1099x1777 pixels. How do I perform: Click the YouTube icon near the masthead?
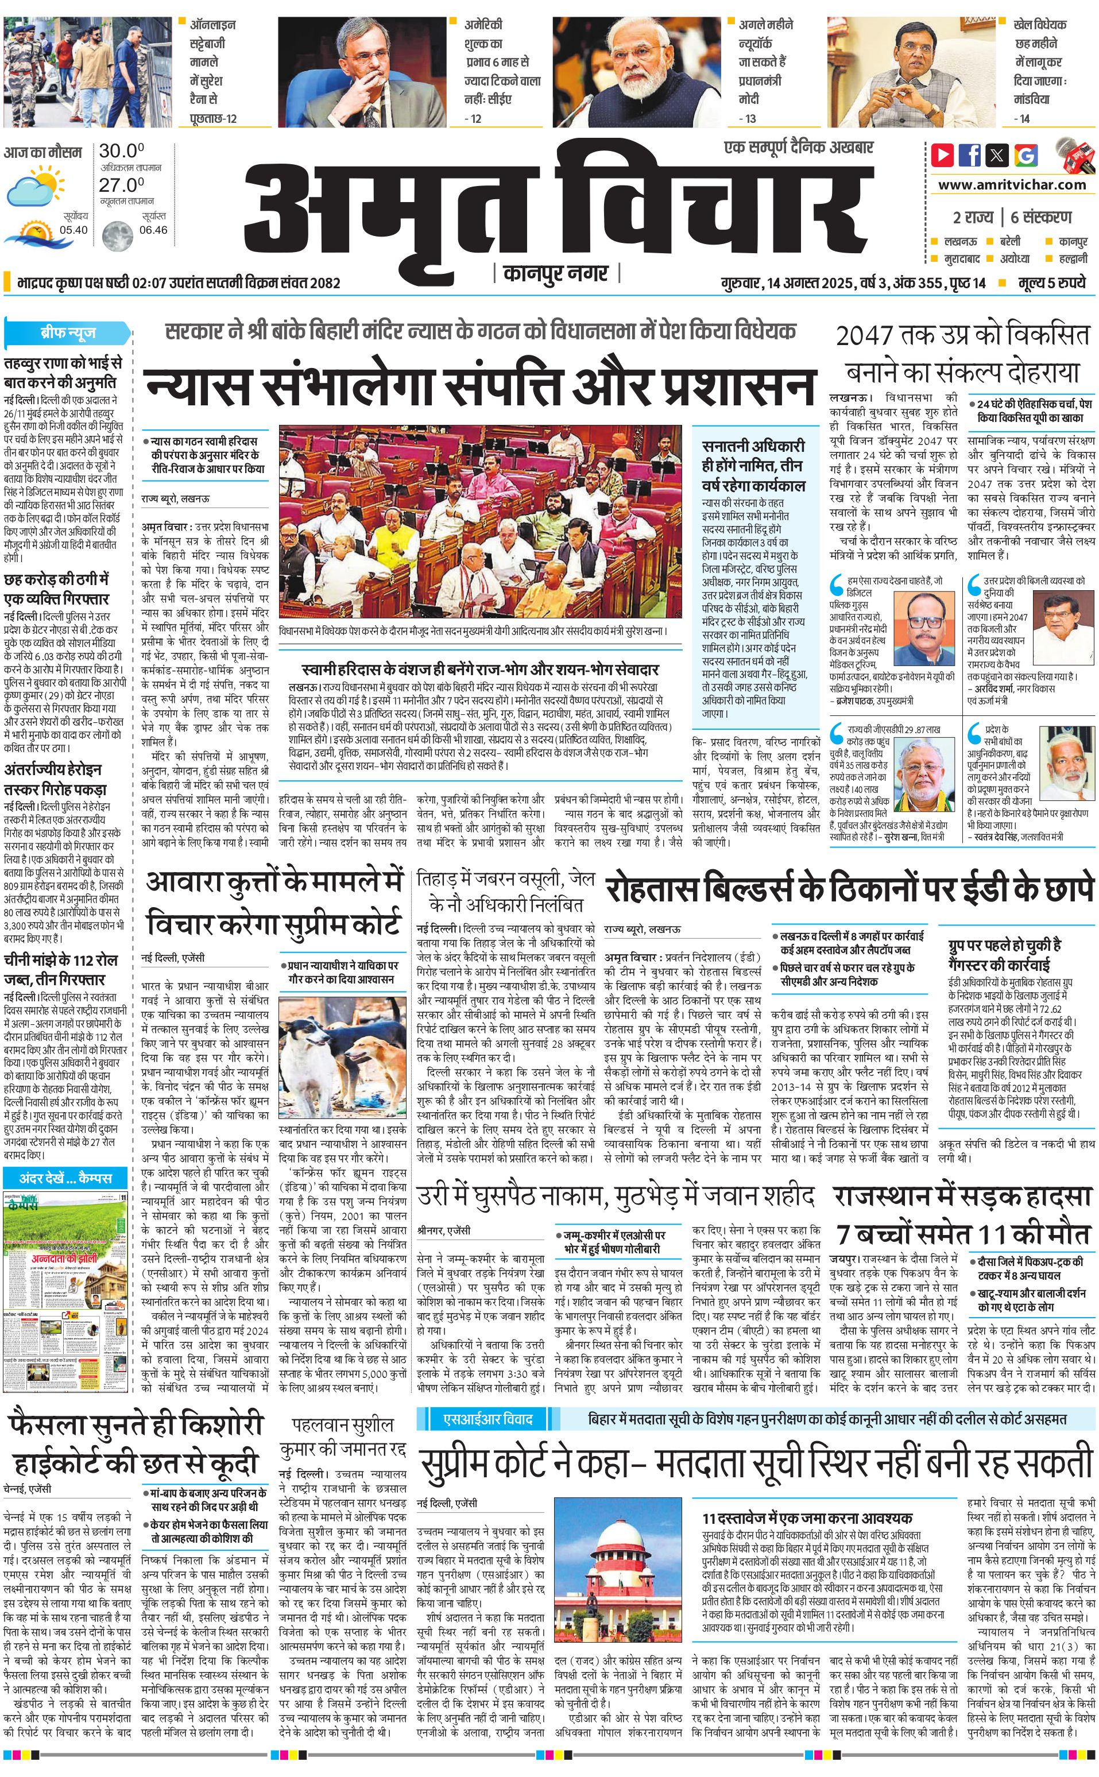tap(943, 155)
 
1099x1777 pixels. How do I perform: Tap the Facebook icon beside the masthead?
tap(970, 155)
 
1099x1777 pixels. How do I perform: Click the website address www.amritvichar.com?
tap(1012, 185)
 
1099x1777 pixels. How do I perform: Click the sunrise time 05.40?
tap(74, 230)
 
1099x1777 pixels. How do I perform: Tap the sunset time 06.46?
tap(153, 230)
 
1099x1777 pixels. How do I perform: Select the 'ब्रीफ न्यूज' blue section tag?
tap(68, 334)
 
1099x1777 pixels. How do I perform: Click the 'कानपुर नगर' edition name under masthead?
tap(556, 273)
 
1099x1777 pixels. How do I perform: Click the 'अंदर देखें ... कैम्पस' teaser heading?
tap(66, 1178)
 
